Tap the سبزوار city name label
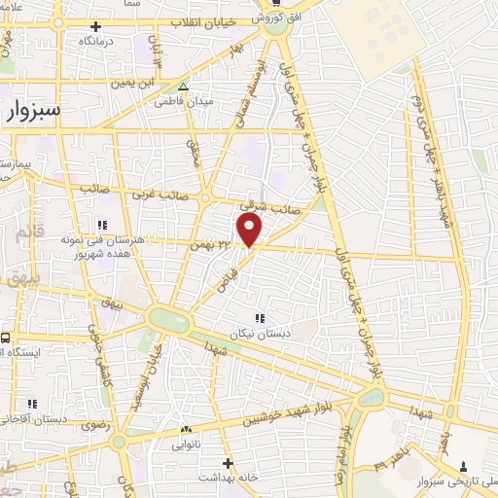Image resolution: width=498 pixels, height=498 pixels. pos(32,111)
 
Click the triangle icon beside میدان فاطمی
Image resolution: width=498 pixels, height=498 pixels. pos(184,89)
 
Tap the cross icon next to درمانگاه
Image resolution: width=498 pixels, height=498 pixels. pos(94,26)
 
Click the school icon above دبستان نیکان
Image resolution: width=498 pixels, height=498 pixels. pos(259,318)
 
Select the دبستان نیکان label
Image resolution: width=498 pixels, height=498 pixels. pos(259,334)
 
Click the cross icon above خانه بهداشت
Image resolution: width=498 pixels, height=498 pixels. pos(228,463)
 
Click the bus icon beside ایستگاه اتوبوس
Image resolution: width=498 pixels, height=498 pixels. pos(5,336)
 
